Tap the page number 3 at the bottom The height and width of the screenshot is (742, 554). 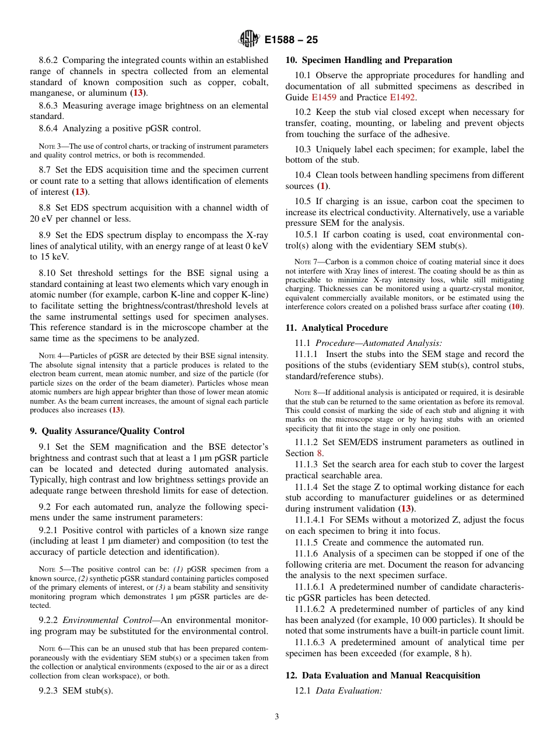(277, 717)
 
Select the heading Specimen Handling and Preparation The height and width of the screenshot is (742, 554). (377, 60)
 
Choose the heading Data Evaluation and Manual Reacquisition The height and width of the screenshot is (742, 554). (391, 675)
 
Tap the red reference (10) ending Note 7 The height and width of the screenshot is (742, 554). (516, 307)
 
